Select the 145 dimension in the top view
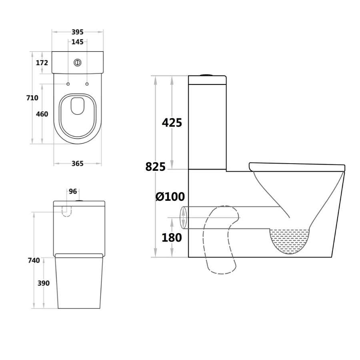(x=78, y=42)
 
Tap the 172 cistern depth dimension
(x=42, y=63)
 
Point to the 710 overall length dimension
(x=32, y=98)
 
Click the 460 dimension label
(x=42, y=114)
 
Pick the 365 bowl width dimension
(x=77, y=163)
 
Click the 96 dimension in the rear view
(x=73, y=192)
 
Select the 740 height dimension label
(x=34, y=260)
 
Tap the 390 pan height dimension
(x=43, y=283)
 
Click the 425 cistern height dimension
(x=172, y=123)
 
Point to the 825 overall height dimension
(x=155, y=167)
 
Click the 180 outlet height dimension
(x=172, y=238)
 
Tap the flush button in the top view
(x=78, y=62)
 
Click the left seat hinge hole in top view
(x=68, y=84)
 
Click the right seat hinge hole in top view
(x=87, y=84)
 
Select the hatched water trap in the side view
(x=291, y=241)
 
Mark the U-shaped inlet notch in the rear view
(x=67, y=211)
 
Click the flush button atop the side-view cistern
(x=207, y=74)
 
